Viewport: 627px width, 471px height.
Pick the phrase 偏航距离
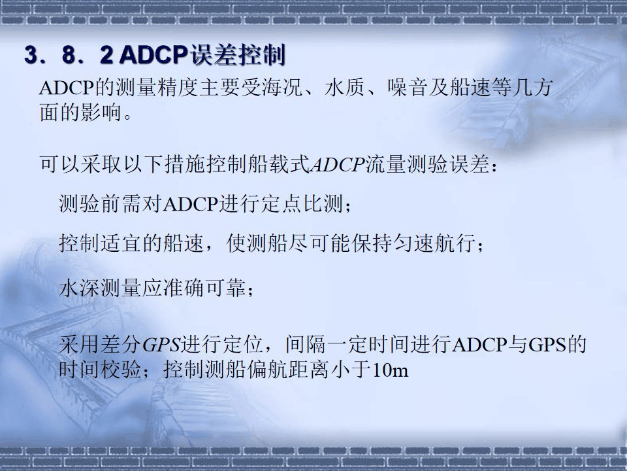coord(290,370)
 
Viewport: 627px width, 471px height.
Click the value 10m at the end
coord(390,370)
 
